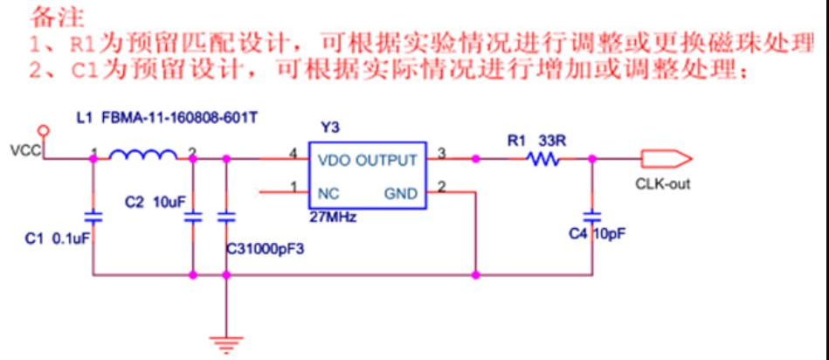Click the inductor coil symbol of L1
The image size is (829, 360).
pyautogui.click(x=142, y=154)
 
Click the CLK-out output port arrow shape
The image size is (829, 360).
pyautogui.click(x=666, y=158)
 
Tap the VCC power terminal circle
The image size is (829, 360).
pyautogui.click(x=45, y=129)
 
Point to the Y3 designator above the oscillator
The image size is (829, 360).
pyautogui.click(x=328, y=128)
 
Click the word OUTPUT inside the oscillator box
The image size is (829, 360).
pyautogui.click(x=386, y=160)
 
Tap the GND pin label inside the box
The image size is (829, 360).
pyautogui.click(x=400, y=194)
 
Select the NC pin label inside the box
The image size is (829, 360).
pyautogui.click(x=328, y=194)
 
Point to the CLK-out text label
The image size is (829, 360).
pyautogui.click(x=663, y=184)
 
